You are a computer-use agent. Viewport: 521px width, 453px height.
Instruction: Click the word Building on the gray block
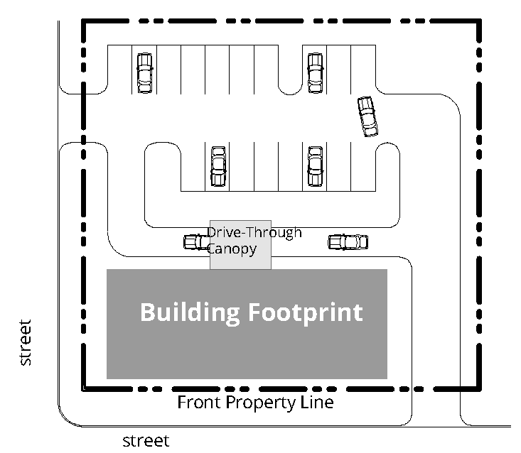tap(190, 312)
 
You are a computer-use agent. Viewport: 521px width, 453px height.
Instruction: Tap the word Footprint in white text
tap(306, 312)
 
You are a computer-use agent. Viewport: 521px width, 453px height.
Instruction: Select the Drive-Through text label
tap(254, 232)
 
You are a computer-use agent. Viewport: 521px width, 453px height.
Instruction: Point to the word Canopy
tap(232, 249)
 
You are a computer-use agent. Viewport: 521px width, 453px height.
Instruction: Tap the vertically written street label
tap(26, 343)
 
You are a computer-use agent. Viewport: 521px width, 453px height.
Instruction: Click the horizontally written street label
tap(146, 441)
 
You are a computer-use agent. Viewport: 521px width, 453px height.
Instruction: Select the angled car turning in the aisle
tap(367, 116)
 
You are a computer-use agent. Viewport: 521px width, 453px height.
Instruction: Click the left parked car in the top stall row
tap(145, 73)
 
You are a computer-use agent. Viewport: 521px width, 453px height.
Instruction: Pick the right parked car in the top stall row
tap(316, 73)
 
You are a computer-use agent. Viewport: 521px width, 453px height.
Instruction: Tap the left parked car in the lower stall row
tap(218, 166)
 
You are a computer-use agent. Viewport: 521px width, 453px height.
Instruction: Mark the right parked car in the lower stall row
tap(316, 166)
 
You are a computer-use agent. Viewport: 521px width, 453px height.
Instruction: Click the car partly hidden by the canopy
tap(197, 242)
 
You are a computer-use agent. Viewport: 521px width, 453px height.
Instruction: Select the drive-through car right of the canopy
tap(348, 242)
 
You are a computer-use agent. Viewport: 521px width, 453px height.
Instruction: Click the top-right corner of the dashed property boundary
tap(480, 21)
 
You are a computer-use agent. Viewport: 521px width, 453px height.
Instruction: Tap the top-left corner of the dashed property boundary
tap(83, 21)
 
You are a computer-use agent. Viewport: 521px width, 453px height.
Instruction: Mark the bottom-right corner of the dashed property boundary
tap(480, 389)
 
